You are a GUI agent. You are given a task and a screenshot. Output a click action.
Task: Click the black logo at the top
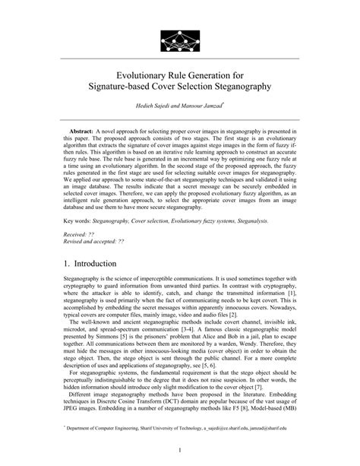[x=179, y=34]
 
